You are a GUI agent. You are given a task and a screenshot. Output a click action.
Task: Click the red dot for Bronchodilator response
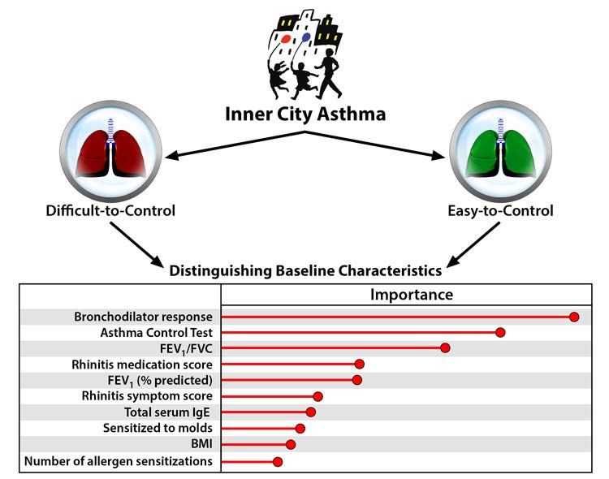pos(574,317)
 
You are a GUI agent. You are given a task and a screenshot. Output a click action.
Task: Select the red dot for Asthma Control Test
pos(500,333)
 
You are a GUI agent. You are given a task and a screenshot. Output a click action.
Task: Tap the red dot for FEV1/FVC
pos(445,348)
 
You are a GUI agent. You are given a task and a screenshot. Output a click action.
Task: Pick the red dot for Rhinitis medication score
pos(359,365)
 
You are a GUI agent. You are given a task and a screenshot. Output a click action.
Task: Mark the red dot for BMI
pos(291,444)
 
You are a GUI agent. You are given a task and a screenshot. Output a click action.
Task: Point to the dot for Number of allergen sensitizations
pos(278,461)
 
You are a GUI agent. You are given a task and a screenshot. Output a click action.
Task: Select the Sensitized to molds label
pos(158,428)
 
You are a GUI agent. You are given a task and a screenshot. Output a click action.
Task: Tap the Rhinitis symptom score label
pos(147,396)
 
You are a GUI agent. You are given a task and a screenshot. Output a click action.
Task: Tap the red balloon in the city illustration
pos(286,37)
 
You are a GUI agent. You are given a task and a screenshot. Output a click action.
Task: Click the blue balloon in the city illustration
pos(305,37)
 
